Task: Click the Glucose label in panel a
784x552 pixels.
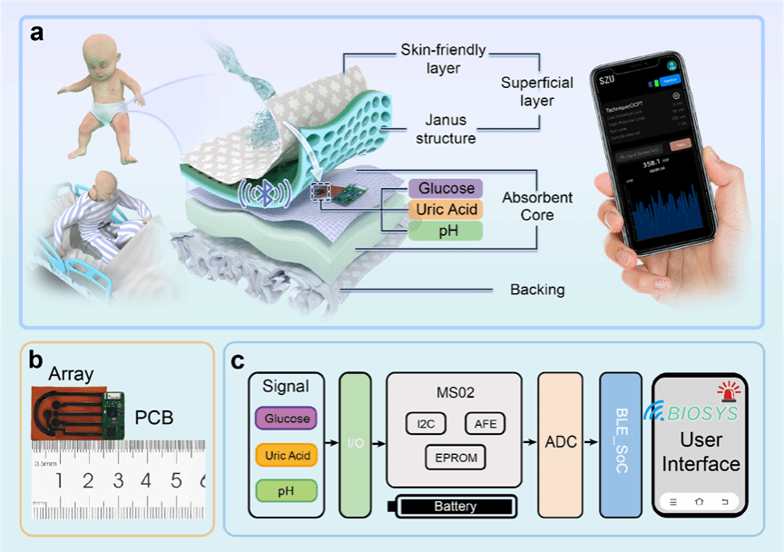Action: (446, 188)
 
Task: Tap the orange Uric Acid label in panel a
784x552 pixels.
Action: (446, 210)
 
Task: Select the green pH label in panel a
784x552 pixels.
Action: (446, 232)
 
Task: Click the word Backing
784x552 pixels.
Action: (536, 290)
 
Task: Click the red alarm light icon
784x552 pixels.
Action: (727, 393)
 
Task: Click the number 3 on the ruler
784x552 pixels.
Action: (118, 479)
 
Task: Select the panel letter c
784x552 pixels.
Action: (238, 360)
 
